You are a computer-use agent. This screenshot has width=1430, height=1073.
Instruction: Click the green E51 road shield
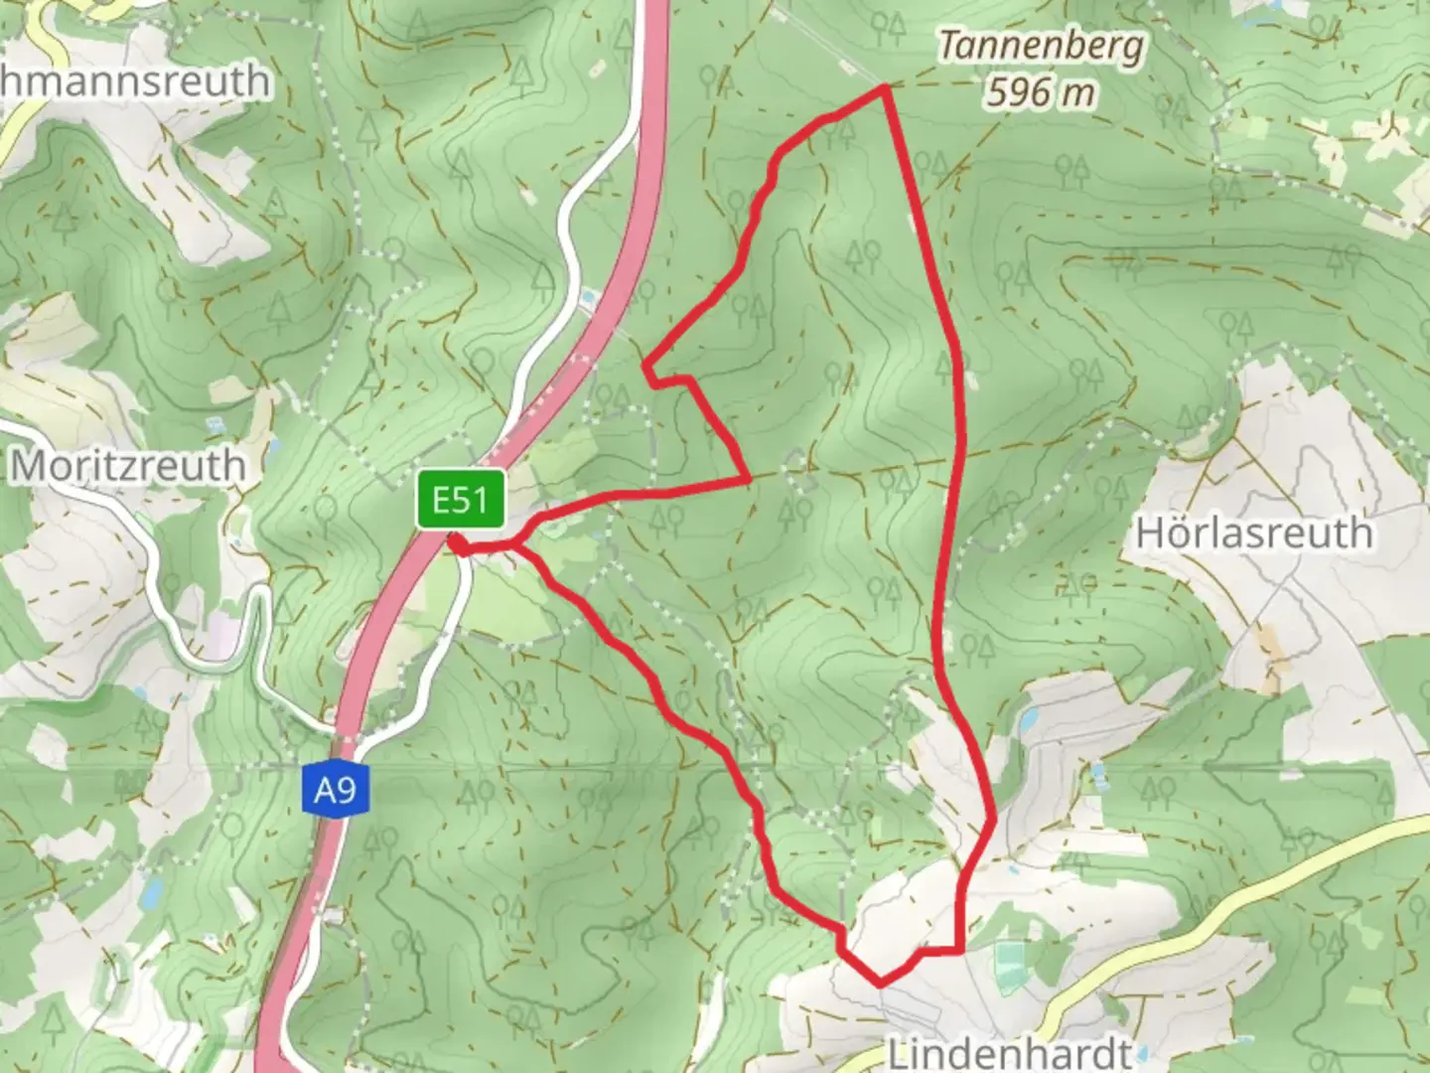pyautogui.click(x=461, y=499)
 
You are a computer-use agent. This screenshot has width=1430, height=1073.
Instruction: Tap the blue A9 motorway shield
pyautogui.click(x=335, y=789)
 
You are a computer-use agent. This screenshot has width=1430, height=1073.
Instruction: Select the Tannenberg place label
pyautogui.click(x=1041, y=47)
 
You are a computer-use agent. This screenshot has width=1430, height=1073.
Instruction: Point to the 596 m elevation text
pyautogui.click(x=1041, y=92)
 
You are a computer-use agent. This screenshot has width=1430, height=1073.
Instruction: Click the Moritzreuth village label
pyautogui.click(x=127, y=465)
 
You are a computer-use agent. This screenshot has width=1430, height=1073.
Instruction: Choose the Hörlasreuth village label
pyautogui.click(x=1254, y=534)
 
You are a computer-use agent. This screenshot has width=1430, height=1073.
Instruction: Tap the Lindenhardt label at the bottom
pyautogui.click(x=1009, y=1052)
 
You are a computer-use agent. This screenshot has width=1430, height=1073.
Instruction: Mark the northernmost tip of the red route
pyautogui.click(x=883, y=88)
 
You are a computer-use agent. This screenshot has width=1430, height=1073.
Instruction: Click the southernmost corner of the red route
pyautogui.click(x=881, y=984)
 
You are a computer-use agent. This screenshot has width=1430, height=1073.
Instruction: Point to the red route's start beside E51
pyautogui.click(x=454, y=541)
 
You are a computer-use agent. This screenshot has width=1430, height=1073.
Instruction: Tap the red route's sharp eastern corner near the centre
pyautogui.click(x=748, y=480)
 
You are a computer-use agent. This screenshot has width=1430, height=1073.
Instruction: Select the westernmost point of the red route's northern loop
pyautogui.click(x=646, y=366)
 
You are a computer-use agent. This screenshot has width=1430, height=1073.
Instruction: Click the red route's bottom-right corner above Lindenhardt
pyautogui.click(x=960, y=951)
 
